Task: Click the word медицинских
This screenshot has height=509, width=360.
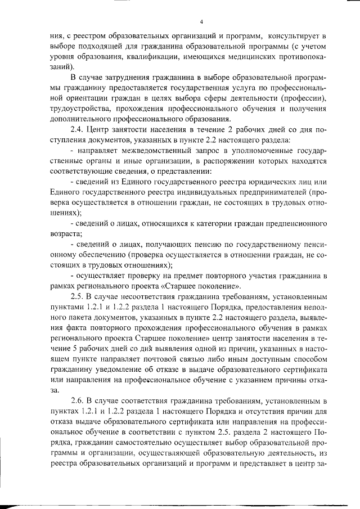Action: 255,55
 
